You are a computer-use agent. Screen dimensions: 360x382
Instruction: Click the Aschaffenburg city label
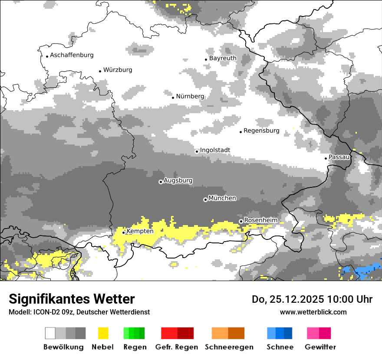(72, 55)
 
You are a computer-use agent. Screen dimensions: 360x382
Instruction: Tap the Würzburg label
(118, 70)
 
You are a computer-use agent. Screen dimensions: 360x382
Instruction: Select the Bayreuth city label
(223, 58)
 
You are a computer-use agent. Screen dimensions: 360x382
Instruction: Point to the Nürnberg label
(190, 96)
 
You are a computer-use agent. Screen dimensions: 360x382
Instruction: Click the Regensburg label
(261, 131)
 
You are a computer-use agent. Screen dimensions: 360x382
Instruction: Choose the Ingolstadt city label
(215, 150)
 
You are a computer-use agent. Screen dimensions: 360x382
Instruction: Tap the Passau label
(339, 157)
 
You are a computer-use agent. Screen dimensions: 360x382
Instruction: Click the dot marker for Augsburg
(161, 182)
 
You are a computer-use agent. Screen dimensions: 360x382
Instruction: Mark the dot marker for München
(205, 200)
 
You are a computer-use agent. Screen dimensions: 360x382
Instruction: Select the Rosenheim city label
(260, 220)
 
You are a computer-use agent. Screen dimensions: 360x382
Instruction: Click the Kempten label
(140, 231)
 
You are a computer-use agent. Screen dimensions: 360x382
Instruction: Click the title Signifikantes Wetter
(72, 299)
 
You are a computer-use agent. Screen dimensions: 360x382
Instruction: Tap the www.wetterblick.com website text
(313, 312)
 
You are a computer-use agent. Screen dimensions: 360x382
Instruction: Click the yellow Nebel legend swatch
(103, 333)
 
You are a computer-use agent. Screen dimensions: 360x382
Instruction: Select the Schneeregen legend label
(229, 347)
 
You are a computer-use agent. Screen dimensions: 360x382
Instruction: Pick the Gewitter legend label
(320, 347)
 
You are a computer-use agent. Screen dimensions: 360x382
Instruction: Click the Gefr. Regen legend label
(177, 347)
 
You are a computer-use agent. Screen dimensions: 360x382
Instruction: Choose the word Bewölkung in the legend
(63, 347)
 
